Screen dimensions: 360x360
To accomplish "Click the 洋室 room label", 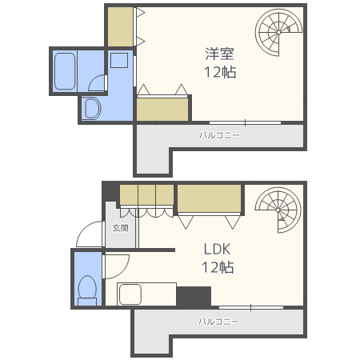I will coord(220,54).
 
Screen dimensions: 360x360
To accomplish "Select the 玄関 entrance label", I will coord(118,228).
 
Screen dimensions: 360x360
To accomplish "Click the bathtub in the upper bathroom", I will coord(65,70).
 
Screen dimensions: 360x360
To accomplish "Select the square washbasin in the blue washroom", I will coord(119,60).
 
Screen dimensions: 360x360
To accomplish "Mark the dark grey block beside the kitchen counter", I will coord(194,296).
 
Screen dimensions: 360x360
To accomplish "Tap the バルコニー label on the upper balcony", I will coord(219,135).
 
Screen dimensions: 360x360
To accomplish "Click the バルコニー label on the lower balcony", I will coord(219,322).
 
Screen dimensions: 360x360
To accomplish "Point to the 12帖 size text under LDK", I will coord(218,267).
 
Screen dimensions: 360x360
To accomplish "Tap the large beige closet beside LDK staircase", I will coord(210,198).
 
